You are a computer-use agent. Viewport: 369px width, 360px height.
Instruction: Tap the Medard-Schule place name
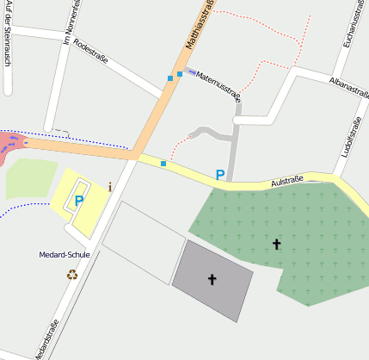tap(65, 255)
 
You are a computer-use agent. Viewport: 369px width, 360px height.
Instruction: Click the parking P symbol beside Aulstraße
tap(220, 175)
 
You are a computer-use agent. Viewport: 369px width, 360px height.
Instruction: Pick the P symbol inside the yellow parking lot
tap(79, 201)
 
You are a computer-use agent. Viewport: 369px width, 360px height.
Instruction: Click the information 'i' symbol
tap(110, 186)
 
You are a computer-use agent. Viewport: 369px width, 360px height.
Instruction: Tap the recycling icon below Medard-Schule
tap(71, 275)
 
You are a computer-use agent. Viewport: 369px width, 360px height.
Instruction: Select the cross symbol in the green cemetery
tap(276, 245)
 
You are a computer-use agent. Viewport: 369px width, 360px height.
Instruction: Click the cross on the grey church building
tap(212, 279)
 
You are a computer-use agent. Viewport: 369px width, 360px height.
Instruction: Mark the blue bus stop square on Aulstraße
tap(163, 163)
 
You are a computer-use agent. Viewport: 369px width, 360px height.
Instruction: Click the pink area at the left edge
tap(10, 143)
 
